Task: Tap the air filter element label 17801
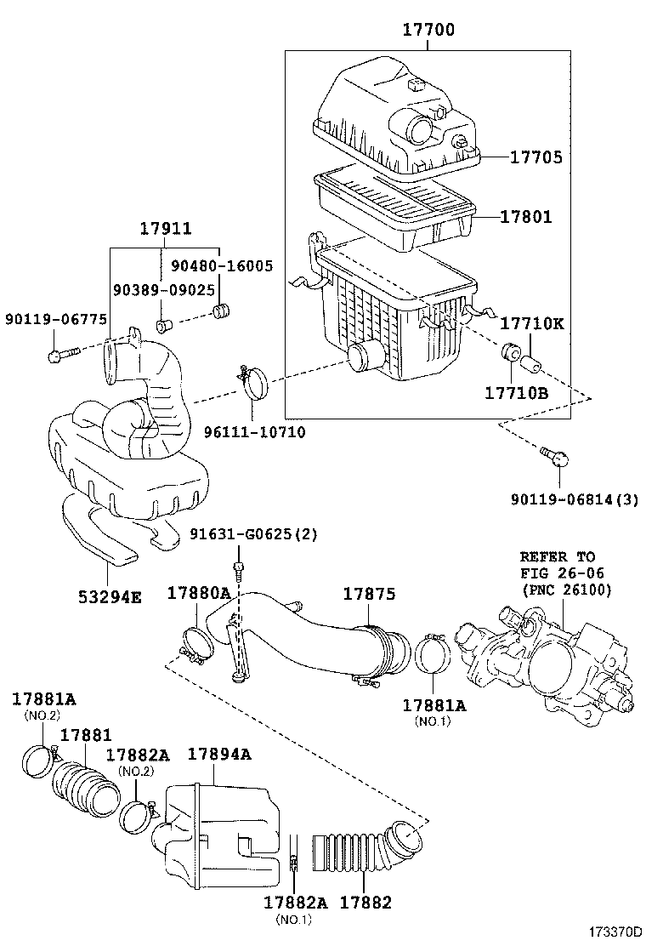[525, 218]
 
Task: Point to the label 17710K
[531, 324]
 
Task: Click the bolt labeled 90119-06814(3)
[555, 457]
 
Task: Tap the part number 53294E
[106, 596]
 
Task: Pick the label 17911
[165, 229]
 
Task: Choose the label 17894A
[219, 755]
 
